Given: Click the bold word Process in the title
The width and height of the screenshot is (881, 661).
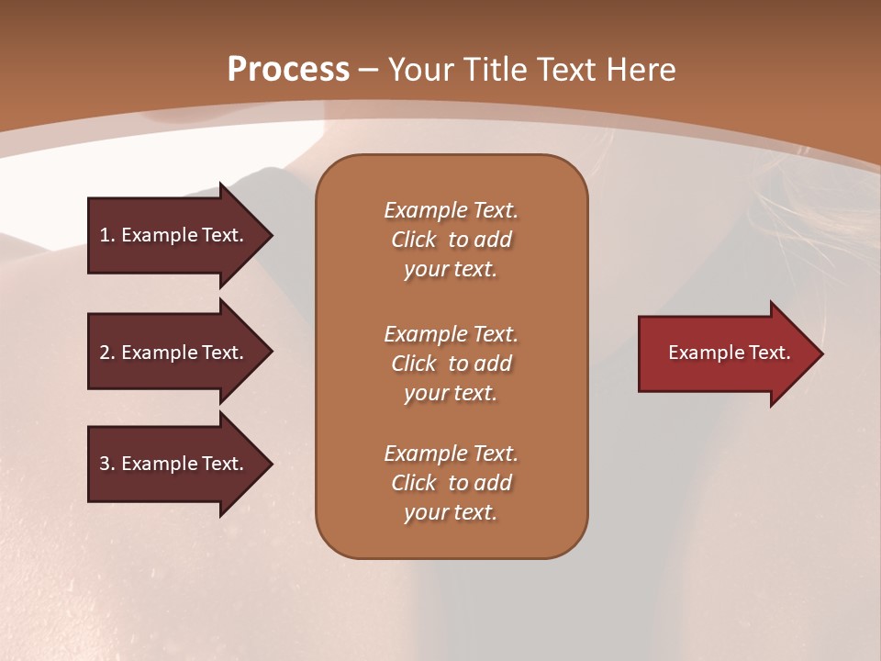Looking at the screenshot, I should click(x=288, y=70).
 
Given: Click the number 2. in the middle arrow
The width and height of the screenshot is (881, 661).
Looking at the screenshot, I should click(x=107, y=353).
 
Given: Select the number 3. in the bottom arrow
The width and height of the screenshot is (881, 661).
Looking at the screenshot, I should click(x=107, y=464).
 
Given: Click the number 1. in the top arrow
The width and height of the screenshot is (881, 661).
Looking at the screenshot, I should click(x=106, y=235).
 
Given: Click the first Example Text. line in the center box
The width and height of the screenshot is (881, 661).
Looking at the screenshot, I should click(x=451, y=210).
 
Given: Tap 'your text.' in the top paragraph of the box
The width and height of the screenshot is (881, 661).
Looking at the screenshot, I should click(x=451, y=269).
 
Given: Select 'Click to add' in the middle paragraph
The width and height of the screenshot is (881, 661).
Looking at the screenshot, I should click(x=451, y=364).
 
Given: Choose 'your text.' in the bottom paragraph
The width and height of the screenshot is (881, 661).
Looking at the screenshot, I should click(x=451, y=512).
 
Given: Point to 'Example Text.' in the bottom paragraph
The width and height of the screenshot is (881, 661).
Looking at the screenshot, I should click(x=451, y=454).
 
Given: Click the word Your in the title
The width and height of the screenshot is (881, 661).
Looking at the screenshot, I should click(x=419, y=70).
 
